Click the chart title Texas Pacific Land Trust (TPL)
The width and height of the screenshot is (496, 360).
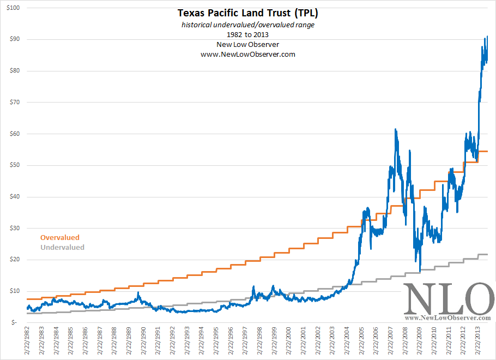coord(248,13)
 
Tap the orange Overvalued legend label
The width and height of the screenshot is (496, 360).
coord(60,238)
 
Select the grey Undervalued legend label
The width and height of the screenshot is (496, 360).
coord(62,248)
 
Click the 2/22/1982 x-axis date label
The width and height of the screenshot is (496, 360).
coord(27,341)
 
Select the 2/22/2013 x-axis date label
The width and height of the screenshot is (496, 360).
coord(478,341)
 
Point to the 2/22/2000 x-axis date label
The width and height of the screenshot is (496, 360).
coord(289,341)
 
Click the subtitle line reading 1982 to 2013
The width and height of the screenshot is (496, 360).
coord(248,35)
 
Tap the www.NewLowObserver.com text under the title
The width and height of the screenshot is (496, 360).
coord(248,55)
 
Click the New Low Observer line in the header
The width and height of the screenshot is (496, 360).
coord(248,45)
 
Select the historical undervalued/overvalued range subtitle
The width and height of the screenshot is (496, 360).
coord(248,26)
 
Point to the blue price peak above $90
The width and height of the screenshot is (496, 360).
coord(487,37)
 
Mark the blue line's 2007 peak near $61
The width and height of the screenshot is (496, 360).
coord(395,130)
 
